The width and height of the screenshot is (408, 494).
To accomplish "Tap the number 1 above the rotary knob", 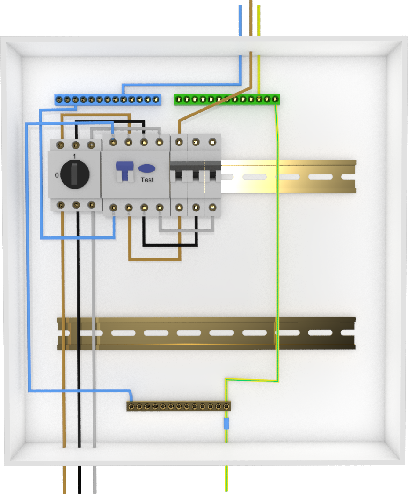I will click(74, 156).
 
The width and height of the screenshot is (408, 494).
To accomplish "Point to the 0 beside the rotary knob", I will click(57, 175).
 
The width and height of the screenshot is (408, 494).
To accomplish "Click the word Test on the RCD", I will click(147, 180).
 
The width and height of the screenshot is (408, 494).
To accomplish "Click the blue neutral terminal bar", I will click(107, 99).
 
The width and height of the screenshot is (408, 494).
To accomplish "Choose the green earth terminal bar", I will click(227, 99).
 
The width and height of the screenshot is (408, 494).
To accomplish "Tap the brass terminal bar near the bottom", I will click(178, 406).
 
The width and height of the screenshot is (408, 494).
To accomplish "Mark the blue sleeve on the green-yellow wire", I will click(226, 424).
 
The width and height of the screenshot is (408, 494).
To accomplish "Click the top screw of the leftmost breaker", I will click(178, 142).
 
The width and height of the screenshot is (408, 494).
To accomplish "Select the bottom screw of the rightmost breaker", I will click(213, 207).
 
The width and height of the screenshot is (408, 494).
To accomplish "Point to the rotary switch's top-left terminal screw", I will click(61, 145).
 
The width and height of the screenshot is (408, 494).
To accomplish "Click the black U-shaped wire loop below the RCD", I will click(170, 244).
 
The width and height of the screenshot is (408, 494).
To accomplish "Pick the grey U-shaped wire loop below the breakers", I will click(186, 230).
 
